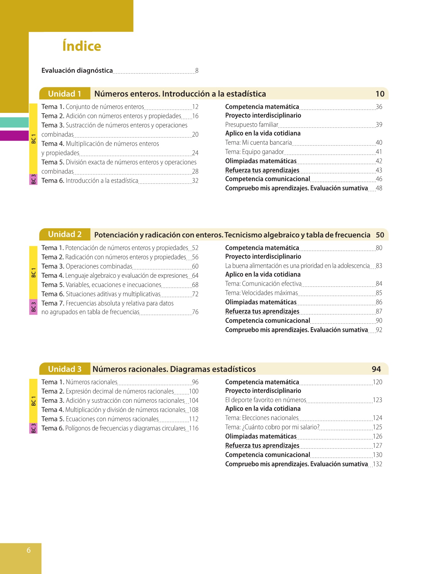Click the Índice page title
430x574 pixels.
pyautogui.click(x=82, y=46)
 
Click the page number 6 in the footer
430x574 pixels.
pyautogui.click(x=29, y=550)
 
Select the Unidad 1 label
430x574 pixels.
pyautogui.click(x=65, y=94)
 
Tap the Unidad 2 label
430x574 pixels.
pyautogui.click(x=65, y=234)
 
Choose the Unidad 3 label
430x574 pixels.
pyautogui.click(x=65, y=369)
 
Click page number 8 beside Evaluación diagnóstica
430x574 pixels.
pyautogui.click(x=197, y=70)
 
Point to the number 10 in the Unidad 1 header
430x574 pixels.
pyautogui.click(x=380, y=94)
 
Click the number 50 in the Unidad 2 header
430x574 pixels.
pyautogui.click(x=380, y=235)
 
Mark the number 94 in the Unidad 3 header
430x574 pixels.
pyautogui.click(x=376, y=369)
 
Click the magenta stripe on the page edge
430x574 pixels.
pyautogui.click(x=14, y=136)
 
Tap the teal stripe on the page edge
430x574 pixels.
pyautogui.click(x=14, y=122)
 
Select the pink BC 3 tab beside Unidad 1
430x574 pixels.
pyautogui.click(x=33, y=179)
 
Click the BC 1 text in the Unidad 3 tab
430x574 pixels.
pyautogui.click(x=33, y=401)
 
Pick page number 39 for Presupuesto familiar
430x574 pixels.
pyautogui.click(x=379, y=125)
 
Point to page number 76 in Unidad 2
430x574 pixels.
pyautogui.click(x=195, y=312)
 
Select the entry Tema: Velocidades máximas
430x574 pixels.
pyautogui.click(x=262, y=293)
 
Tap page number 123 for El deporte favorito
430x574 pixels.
pyautogui.click(x=377, y=400)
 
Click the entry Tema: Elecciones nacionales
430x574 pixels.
pyautogui.click(x=262, y=418)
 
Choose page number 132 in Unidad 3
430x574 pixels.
pyautogui.click(x=377, y=464)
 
